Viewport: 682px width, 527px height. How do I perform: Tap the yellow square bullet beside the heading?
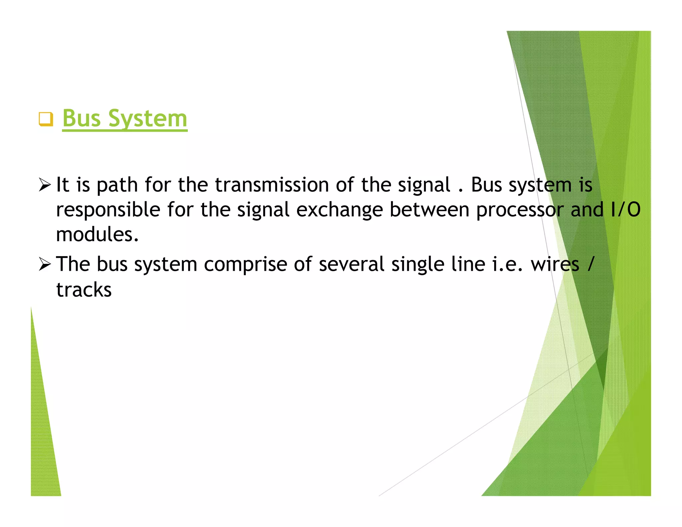(x=46, y=119)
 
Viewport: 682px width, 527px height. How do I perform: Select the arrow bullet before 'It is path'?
(x=45, y=185)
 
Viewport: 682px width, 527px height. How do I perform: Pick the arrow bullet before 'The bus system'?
(x=45, y=264)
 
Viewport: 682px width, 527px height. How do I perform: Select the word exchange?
(x=339, y=210)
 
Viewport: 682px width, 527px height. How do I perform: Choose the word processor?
(x=520, y=210)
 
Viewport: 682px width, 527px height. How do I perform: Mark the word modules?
(x=97, y=235)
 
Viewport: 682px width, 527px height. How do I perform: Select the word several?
(x=352, y=264)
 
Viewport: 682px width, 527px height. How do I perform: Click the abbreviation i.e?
(x=508, y=264)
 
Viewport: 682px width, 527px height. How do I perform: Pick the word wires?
(x=555, y=264)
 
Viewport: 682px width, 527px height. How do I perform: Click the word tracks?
(x=84, y=289)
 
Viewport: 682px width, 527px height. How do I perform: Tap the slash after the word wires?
(x=590, y=264)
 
